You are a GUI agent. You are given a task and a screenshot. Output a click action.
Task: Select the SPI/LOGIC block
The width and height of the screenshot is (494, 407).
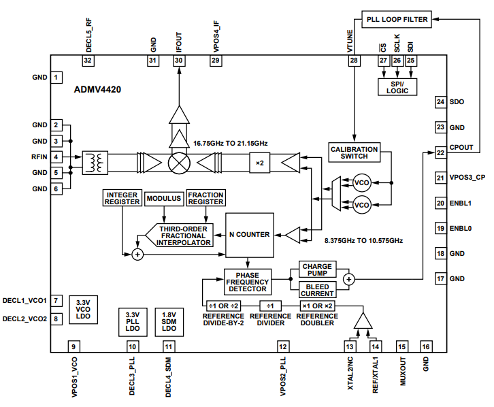(x=397, y=86)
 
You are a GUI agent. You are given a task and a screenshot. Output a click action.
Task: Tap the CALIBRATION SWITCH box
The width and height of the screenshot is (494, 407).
(x=353, y=152)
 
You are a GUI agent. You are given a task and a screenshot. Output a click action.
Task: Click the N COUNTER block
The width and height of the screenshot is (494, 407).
(x=249, y=235)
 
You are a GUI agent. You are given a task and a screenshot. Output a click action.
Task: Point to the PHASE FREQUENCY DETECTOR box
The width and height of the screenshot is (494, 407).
(x=247, y=280)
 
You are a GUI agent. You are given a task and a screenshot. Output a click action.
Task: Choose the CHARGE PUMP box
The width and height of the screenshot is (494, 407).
(x=317, y=272)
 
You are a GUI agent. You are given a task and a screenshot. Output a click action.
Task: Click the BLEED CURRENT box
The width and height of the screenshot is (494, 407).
(x=317, y=290)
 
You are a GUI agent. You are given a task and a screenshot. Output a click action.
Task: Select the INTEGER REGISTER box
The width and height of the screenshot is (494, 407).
(x=122, y=198)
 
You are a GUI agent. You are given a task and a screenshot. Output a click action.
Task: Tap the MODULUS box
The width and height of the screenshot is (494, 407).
(x=163, y=199)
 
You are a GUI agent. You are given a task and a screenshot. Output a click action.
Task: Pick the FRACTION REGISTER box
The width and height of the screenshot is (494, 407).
(x=205, y=198)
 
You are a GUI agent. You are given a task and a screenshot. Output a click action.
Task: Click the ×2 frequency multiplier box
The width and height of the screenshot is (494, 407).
(x=259, y=163)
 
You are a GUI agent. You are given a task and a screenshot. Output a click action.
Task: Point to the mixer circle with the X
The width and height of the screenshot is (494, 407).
(x=180, y=163)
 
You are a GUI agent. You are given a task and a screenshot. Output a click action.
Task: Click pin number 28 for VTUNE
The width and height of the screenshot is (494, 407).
(x=353, y=61)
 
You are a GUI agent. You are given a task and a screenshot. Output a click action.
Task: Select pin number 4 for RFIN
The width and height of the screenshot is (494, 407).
(x=56, y=157)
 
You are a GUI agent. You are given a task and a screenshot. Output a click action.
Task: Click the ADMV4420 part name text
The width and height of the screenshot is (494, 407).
(x=98, y=89)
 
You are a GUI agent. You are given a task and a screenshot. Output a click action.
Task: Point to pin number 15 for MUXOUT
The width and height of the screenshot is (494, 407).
(x=401, y=346)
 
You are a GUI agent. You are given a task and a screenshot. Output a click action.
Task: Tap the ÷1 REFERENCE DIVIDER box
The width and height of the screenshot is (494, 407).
(x=270, y=306)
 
